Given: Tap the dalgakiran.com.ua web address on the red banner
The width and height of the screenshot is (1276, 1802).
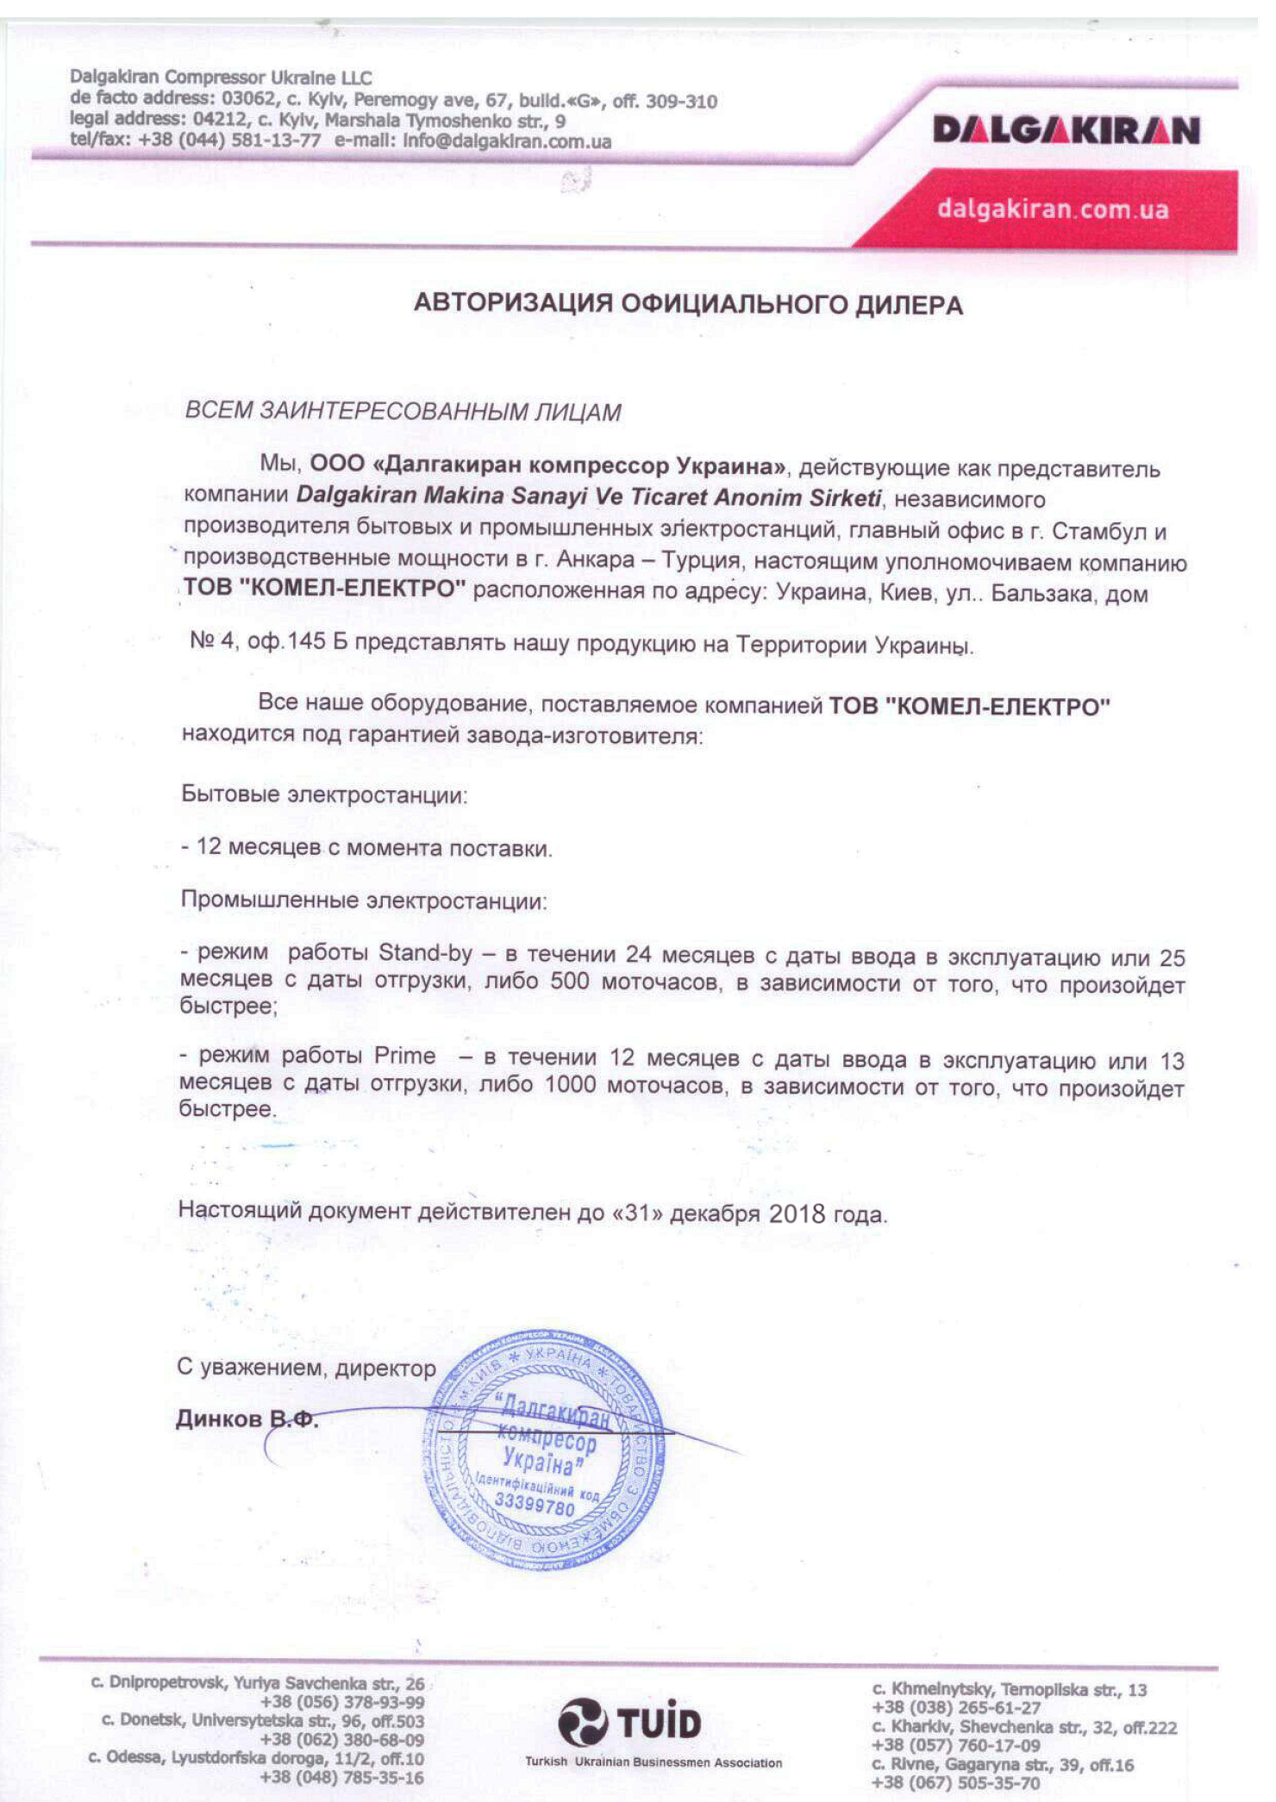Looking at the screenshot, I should tap(1053, 209).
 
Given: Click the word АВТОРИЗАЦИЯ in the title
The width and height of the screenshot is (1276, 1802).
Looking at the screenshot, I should tap(512, 303).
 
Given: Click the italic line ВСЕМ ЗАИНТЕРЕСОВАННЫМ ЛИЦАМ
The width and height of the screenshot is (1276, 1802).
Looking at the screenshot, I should tap(403, 412).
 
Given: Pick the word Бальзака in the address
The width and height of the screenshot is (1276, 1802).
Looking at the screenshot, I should tap(1041, 594).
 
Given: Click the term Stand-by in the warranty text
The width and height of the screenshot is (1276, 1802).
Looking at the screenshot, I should tap(425, 953).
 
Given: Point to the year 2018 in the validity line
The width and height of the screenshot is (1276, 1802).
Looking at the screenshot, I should tap(797, 1214).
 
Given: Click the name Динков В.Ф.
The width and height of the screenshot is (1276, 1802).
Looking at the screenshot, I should tap(247, 1419).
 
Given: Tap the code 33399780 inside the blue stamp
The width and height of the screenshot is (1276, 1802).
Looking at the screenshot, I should tap(535, 1507).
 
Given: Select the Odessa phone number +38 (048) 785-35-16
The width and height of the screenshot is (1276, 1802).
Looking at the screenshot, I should tap(342, 1777).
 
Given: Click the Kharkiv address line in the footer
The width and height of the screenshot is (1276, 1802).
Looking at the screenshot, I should tap(1024, 1727).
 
